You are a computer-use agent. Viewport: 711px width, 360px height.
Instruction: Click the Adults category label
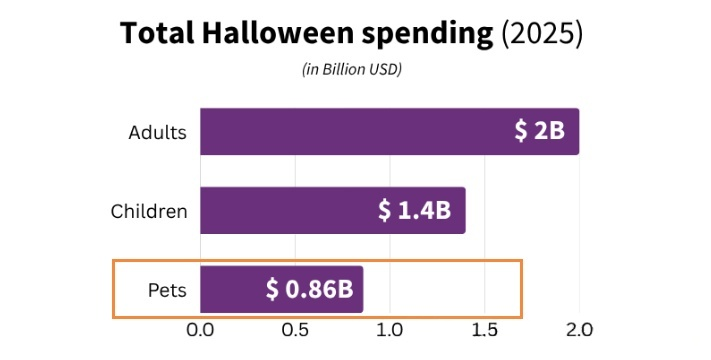coord(158,132)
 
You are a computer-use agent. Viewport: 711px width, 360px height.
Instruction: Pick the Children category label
coord(148,211)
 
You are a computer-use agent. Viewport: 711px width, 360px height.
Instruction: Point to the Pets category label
coord(167,291)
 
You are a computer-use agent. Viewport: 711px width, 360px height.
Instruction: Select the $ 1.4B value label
coord(413,210)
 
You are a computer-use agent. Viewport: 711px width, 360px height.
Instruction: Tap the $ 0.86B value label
coord(309,290)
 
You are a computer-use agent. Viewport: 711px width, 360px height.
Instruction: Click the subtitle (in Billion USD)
coord(351,69)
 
